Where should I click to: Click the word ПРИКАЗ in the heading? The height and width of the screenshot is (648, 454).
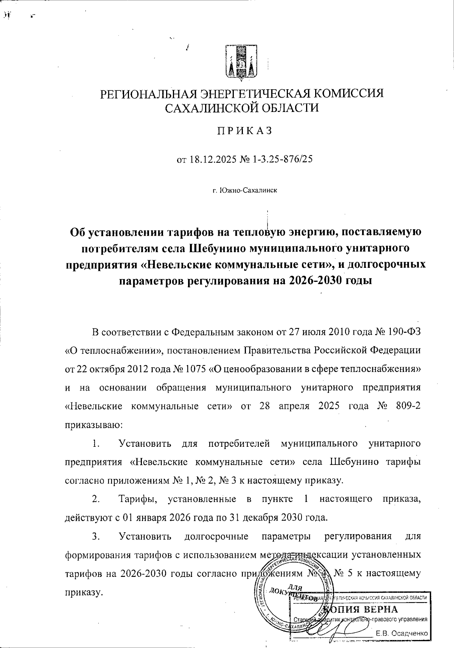[x=244, y=131]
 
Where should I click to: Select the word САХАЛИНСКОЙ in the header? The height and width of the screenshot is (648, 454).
[x=207, y=108]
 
